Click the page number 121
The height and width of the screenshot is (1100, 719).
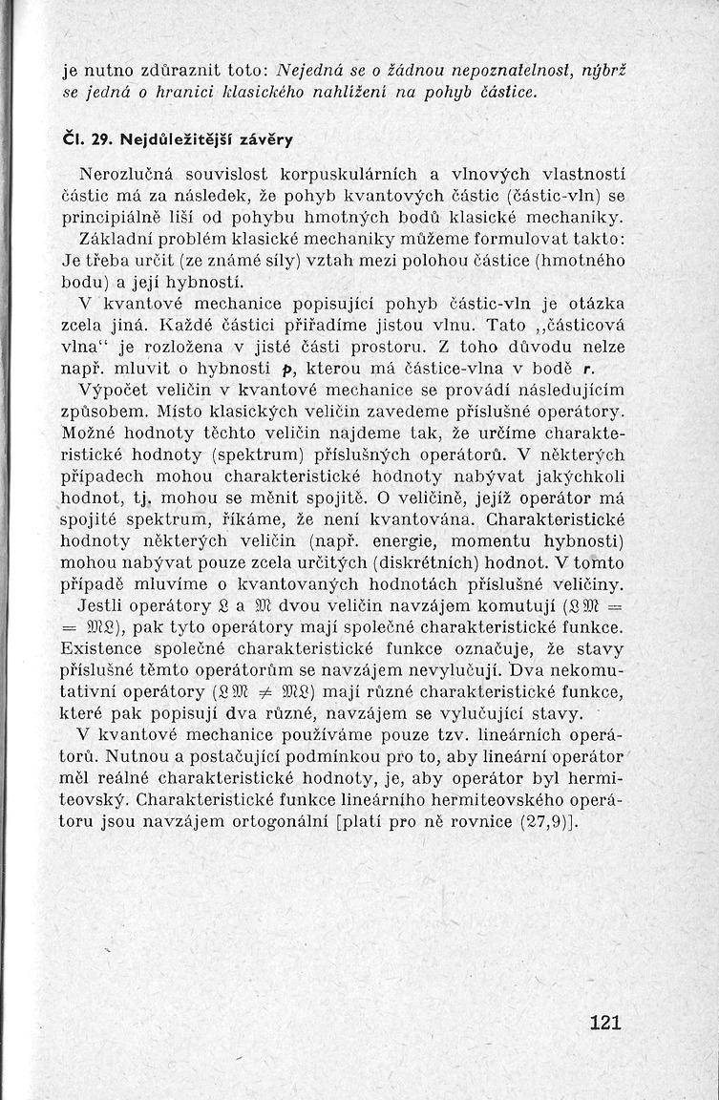tap(605, 1022)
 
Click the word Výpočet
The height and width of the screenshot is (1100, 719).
tap(116, 391)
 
